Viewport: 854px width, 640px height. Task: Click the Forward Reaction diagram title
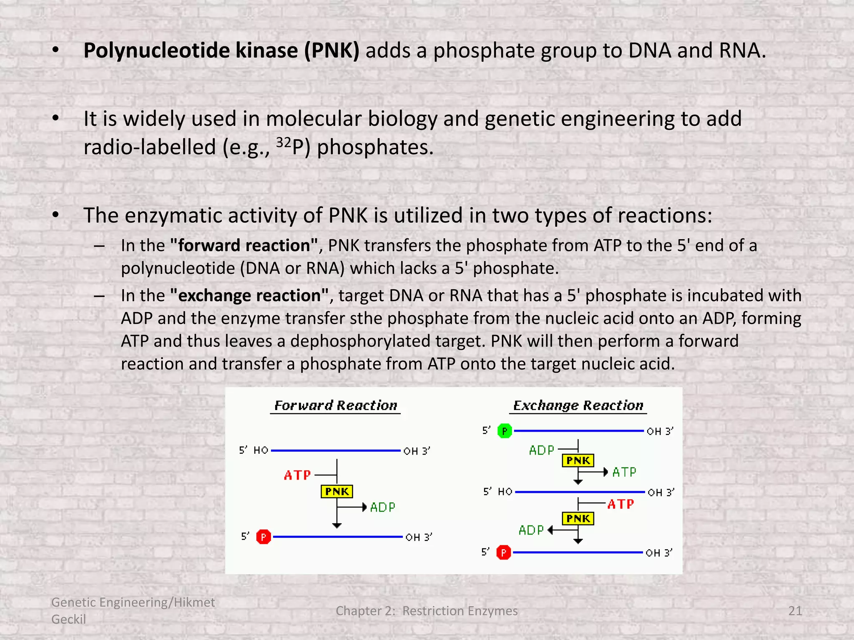point(336,405)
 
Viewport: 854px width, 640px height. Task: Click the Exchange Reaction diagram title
point(578,405)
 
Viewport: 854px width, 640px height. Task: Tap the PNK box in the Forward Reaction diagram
point(337,492)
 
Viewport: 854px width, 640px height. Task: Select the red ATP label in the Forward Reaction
point(297,475)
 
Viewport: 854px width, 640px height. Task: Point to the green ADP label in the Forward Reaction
point(383,507)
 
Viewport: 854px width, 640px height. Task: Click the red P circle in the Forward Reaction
point(264,537)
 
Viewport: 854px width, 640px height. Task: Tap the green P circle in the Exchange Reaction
point(505,431)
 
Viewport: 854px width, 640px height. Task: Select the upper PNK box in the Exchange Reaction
point(578,460)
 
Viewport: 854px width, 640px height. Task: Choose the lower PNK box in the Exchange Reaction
point(578,518)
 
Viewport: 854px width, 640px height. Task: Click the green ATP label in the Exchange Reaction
point(624,472)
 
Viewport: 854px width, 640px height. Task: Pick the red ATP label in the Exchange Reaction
point(620,504)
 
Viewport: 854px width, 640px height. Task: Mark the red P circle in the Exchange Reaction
point(504,552)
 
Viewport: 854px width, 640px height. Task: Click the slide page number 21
point(795,611)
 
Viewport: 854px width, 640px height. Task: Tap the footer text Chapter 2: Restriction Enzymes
point(427,611)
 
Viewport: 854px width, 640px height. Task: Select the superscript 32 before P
point(284,142)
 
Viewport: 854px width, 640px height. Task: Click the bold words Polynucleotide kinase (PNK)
point(221,51)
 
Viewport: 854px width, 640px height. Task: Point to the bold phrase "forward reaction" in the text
point(244,245)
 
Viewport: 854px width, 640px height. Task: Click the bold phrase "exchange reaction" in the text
point(249,295)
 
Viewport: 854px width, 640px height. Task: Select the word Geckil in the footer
point(68,619)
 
